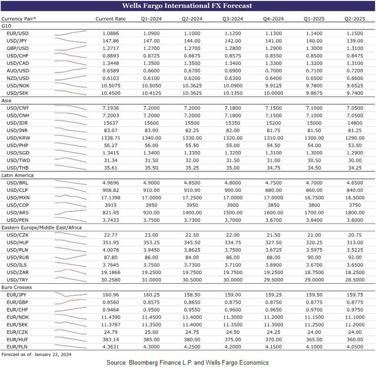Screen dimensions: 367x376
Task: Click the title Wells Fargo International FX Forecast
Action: (x=188, y=6)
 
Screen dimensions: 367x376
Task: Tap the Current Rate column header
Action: (x=110, y=19)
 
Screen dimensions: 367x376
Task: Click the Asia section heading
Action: (x=7, y=100)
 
